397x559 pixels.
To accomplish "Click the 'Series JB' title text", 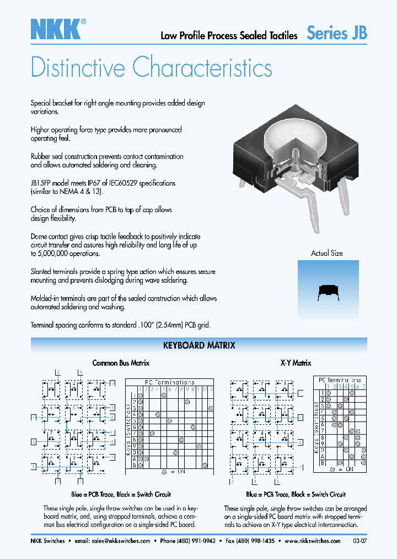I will pyautogui.click(x=336, y=33).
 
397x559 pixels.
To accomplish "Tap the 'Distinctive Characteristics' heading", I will pyautogui.click(x=151, y=68).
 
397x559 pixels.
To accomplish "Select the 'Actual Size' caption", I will pyautogui.click(x=327, y=253).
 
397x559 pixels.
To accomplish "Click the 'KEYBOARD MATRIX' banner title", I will pyautogui.click(x=199, y=345).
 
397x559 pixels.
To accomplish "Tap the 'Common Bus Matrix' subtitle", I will pyautogui.click(x=121, y=363).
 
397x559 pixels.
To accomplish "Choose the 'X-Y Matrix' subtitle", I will pyautogui.click(x=296, y=363).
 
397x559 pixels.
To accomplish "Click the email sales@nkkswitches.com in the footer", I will pyautogui.click(x=121, y=541).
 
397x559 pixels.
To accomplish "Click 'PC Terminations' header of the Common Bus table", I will pyautogui.click(x=170, y=382).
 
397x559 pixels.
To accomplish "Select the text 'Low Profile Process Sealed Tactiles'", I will pyautogui.click(x=229, y=35).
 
